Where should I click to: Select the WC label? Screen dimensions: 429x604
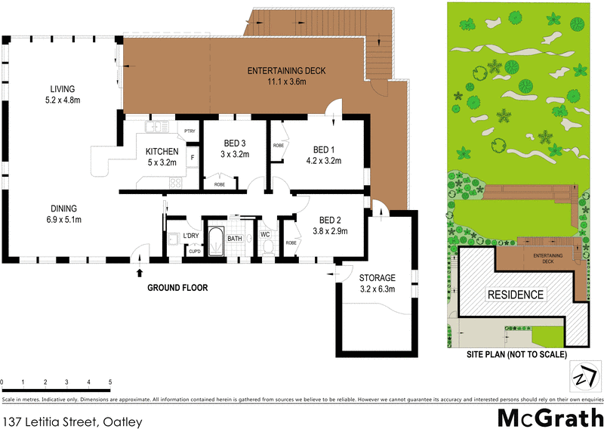click(x=265, y=234)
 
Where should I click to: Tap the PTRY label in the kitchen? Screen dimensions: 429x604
click(x=189, y=131)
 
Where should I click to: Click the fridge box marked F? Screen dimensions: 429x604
click(x=193, y=157)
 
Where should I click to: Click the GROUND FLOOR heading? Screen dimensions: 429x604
click(x=177, y=288)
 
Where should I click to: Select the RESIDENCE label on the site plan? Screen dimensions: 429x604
click(x=515, y=295)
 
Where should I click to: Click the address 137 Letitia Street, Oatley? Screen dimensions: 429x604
click(x=72, y=418)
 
